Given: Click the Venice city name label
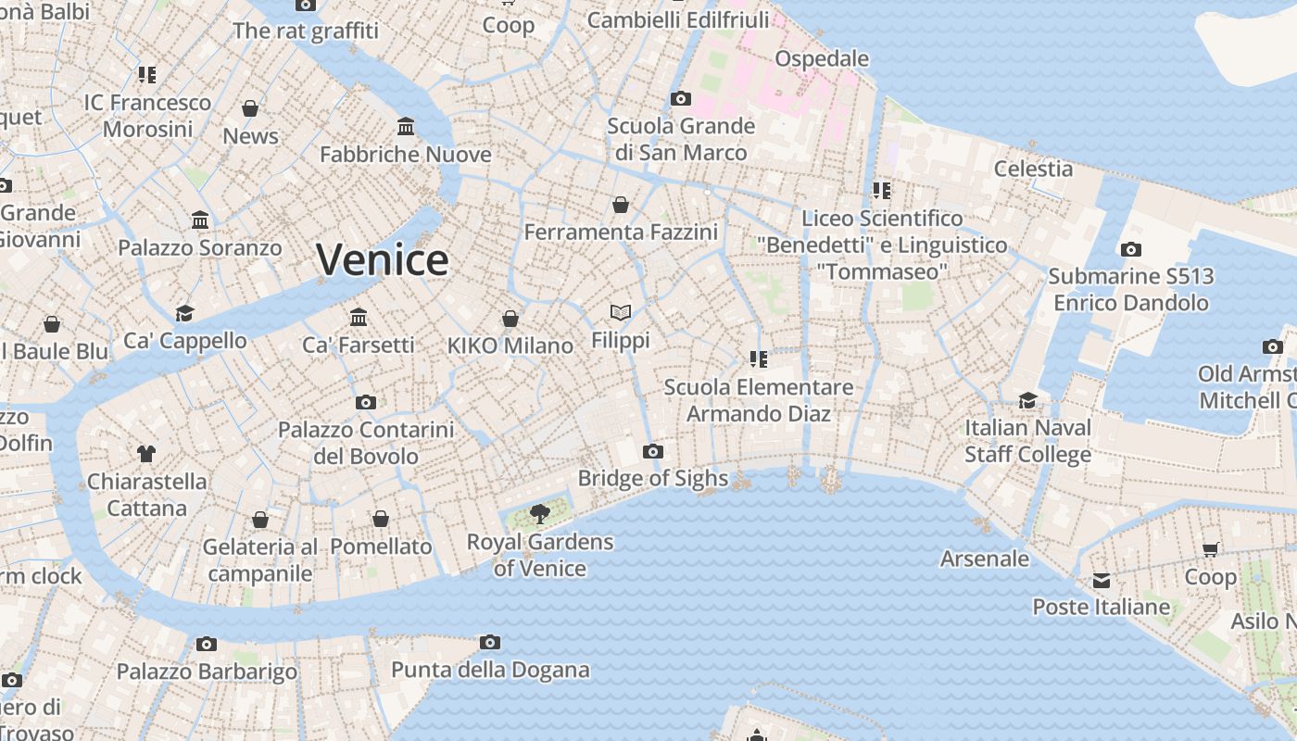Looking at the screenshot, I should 382,259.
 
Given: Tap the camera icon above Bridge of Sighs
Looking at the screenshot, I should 653,452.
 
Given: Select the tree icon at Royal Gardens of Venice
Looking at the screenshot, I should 539,514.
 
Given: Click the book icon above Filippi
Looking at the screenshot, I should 621,313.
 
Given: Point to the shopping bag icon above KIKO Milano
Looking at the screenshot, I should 510,319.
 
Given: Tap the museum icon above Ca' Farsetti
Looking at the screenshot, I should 359,318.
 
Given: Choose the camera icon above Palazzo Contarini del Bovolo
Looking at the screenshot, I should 366,402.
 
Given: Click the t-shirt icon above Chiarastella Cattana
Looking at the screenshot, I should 145,454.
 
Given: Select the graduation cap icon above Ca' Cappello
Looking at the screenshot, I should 185,313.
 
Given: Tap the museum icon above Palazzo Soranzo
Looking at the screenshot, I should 200,220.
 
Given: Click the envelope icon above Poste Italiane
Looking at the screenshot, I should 1102,581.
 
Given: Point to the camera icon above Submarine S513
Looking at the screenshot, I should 1130,249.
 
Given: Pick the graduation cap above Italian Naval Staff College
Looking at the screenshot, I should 1028,400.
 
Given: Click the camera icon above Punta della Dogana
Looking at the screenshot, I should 490,642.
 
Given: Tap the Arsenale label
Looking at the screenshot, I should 984,559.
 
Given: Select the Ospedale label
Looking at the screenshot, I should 822,58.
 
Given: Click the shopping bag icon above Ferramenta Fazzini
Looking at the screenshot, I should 621,205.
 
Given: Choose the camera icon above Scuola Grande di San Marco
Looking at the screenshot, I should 681,98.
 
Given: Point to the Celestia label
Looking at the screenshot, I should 1033,169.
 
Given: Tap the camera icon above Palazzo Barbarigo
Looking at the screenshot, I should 207,644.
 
